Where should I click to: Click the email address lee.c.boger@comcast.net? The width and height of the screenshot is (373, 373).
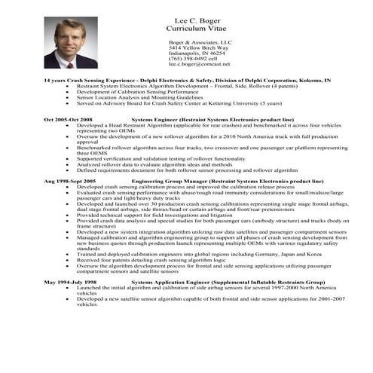pyautogui.click(x=198, y=64)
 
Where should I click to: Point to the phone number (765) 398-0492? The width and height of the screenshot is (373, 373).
pyautogui.click(x=191, y=59)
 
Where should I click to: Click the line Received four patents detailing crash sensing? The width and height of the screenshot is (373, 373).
pyautogui.click(x=155, y=259)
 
